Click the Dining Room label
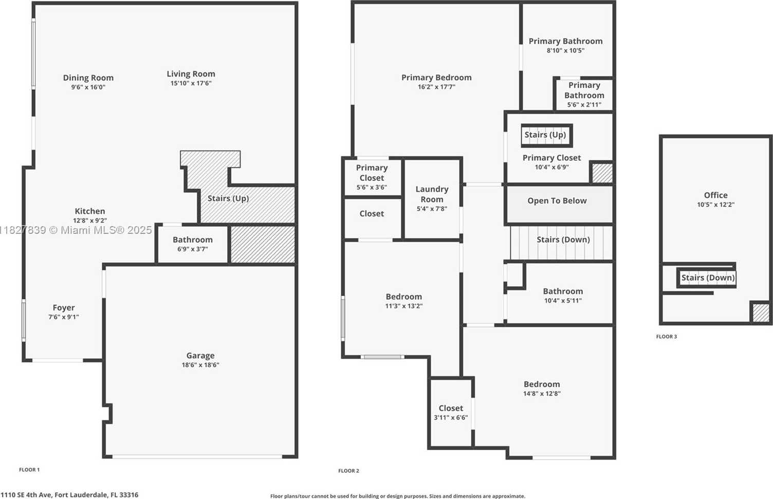(88, 78)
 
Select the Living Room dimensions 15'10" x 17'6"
(191, 83)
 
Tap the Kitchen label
(90, 211)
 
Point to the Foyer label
(64, 308)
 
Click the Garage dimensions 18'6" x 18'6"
(200, 365)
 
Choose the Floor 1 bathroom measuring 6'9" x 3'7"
(192, 244)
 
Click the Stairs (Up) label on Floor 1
(228, 198)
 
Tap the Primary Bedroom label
(436, 78)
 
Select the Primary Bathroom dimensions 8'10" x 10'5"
(565, 50)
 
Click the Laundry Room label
(432, 194)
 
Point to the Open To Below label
(557, 201)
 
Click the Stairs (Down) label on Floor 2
(563, 239)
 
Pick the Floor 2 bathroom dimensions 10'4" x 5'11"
(563, 301)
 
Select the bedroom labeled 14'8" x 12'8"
(542, 389)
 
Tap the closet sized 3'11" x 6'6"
(451, 413)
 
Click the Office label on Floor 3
(715, 195)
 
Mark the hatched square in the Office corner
(761, 312)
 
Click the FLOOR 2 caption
(348, 471)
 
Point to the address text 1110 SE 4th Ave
(69, 495)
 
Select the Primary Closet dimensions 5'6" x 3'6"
(372, 188)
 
